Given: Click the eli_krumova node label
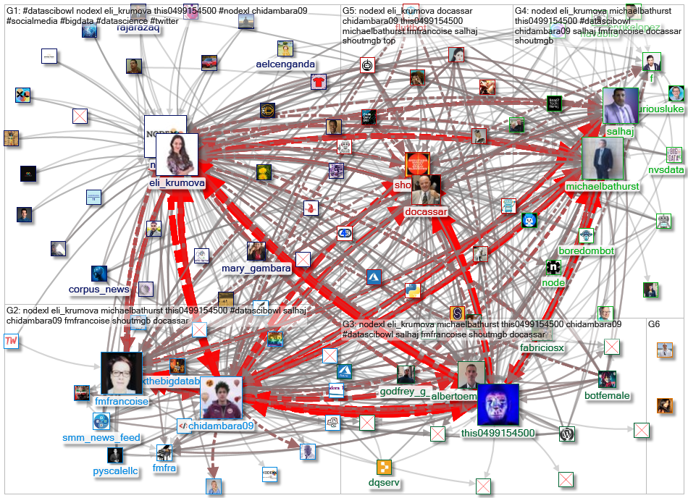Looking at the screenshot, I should point(177,183).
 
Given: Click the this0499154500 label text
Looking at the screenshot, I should point(498,433).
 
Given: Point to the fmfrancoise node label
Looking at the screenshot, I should point(122,401).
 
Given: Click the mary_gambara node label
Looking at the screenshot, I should point(256,269).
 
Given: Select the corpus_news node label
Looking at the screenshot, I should point(99,290).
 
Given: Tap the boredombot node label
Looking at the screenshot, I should point(587,251).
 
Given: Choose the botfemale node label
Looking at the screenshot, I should point(607,396).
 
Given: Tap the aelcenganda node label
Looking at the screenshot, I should point(285,64).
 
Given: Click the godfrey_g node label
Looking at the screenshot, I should point(403,392).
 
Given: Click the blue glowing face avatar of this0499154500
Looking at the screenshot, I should point(498,405).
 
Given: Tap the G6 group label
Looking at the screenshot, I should point(653,324).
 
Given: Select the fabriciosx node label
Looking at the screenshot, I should point(542,348).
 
